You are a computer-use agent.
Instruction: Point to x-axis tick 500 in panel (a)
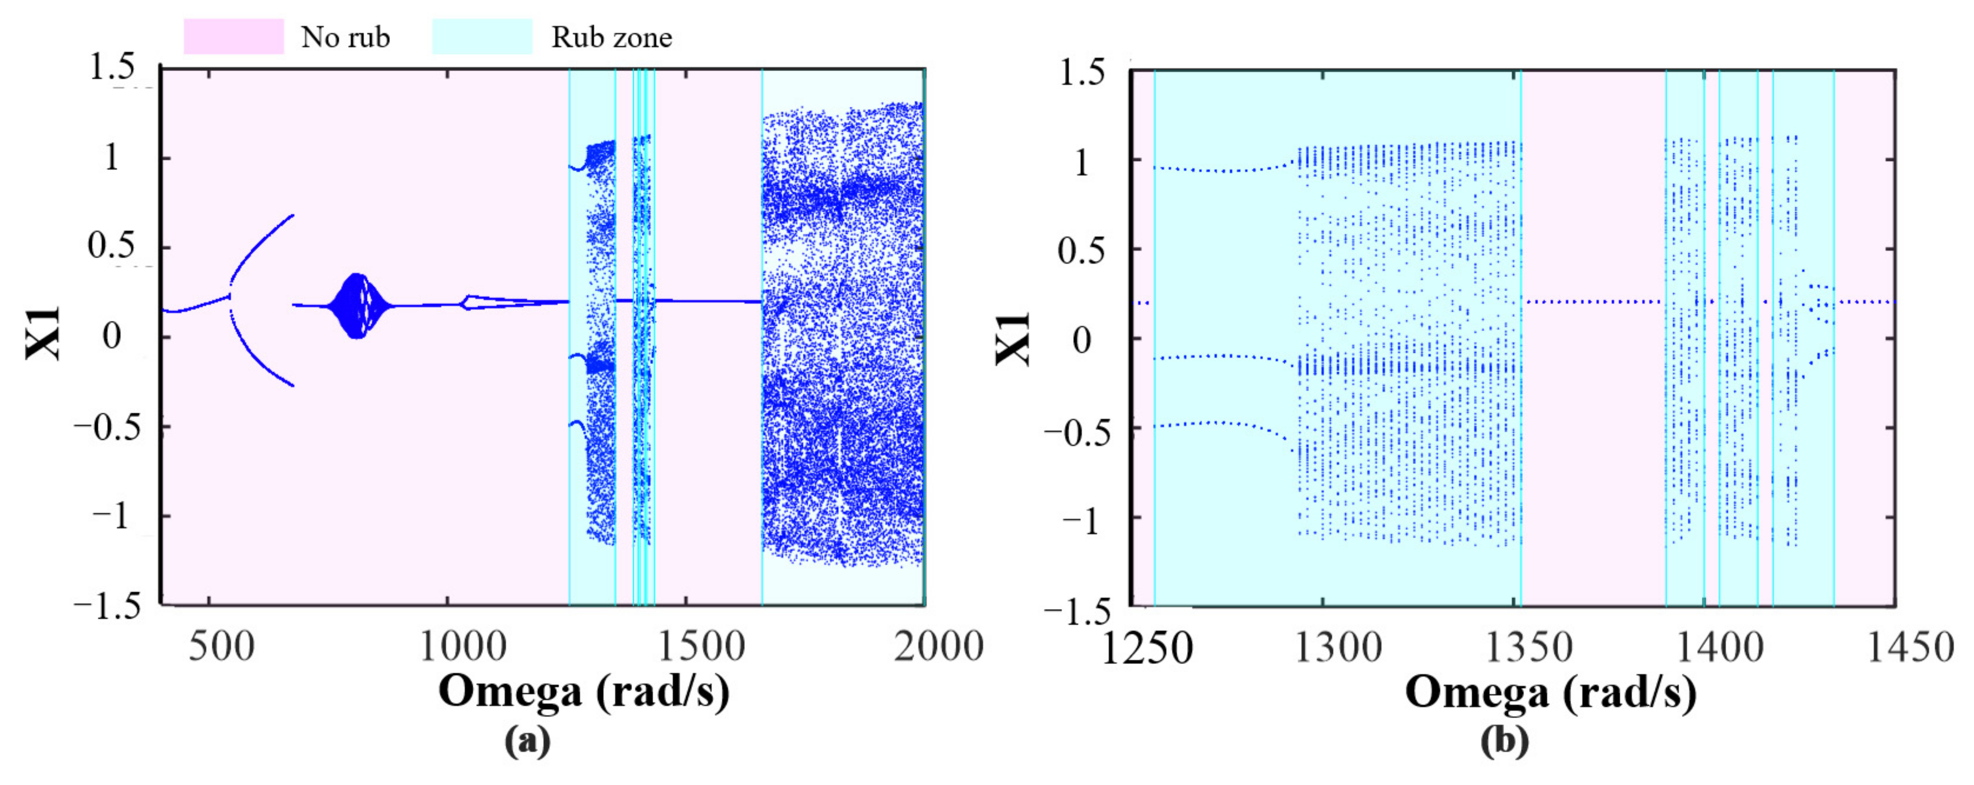coord(222,647)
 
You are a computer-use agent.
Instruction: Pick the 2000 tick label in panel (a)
coord(938,647)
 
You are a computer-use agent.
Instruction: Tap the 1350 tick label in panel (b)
coord(1529,649)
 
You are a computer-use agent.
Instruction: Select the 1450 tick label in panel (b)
coord(1910,649)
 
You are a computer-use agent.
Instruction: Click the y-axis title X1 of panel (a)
coord(43,333)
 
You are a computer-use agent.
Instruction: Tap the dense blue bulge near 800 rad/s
coord(355,305)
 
